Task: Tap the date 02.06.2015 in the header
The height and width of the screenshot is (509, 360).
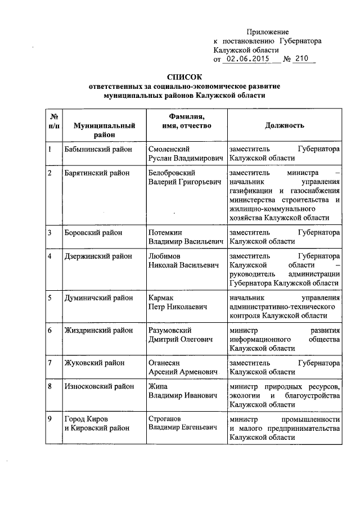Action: tap(246, 59)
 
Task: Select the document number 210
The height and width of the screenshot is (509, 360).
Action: tap(301, 59)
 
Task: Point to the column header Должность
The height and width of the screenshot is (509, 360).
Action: tap(285, 125)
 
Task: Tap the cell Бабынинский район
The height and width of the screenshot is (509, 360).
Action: tap(98, 150)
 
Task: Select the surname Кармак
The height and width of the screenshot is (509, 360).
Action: tap(161, 298)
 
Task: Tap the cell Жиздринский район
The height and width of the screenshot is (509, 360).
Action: tap(98, 330)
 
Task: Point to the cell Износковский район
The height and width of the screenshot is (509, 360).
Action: tap(99, 386)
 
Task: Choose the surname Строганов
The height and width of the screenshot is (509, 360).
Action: tap(166, 419)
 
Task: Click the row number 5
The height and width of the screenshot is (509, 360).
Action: tap(51, 298)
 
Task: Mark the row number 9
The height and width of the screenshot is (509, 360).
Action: tap(51, 419)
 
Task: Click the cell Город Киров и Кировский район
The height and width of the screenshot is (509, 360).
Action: tap(97, 424)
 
